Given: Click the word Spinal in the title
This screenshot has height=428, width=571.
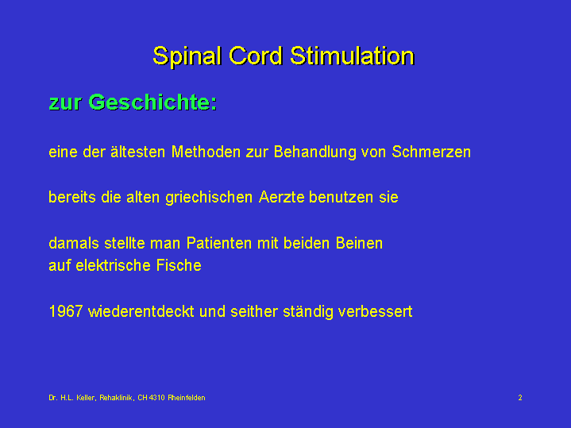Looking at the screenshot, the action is [187, 56].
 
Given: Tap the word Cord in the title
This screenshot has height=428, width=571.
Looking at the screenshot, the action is [256, 56].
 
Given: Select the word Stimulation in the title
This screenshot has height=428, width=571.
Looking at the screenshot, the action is [352, 56].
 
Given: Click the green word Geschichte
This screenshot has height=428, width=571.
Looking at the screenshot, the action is [152, 102].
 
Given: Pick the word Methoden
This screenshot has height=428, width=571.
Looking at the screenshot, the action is [206, 152].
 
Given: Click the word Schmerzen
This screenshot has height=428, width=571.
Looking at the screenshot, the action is [431, 152].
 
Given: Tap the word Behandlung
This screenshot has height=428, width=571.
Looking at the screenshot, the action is [315, 152].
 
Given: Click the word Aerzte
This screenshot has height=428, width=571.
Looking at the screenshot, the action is [281, 198].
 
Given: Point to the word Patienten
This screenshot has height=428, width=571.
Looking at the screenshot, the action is [219, 243].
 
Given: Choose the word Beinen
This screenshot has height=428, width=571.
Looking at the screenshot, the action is [359, 243].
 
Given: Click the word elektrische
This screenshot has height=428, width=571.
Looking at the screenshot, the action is [114, 265].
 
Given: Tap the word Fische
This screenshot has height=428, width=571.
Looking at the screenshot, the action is [179, 265].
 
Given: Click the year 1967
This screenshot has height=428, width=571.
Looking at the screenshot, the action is [66, 311].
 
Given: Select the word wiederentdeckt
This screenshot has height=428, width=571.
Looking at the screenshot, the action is [141, 311].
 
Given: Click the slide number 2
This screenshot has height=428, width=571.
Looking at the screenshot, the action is [520, 397].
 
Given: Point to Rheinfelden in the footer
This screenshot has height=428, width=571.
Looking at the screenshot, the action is [187, 398].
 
